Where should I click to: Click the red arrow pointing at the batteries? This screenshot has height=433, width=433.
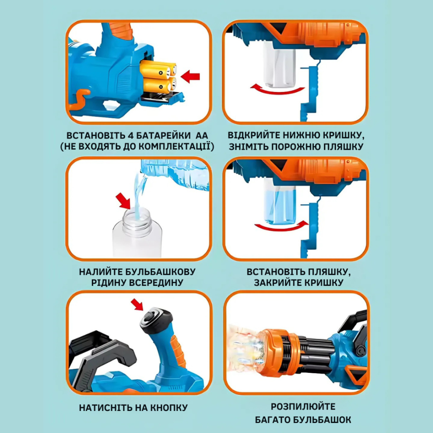coord(190,77)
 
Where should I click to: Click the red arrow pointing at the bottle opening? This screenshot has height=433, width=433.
coord(123,201)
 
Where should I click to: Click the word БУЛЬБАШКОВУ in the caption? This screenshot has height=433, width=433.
coord(160,272)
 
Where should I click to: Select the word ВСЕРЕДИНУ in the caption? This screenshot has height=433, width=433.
coord(156,283)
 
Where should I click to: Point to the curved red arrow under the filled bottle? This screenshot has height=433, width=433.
coord(281,226)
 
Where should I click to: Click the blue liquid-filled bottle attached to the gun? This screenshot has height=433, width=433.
coord(280,202)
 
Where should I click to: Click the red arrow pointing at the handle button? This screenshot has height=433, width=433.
coord(137,304)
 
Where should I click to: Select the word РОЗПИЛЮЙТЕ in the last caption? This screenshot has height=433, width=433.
coord(303,407)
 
